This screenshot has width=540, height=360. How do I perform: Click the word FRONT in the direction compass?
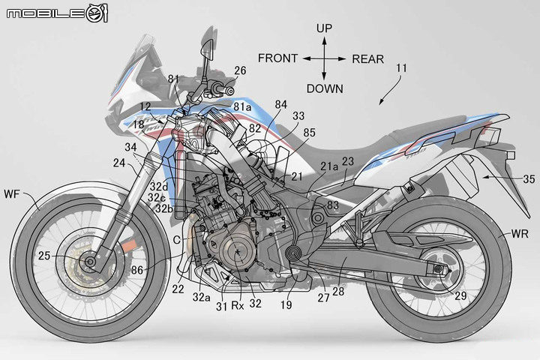278,58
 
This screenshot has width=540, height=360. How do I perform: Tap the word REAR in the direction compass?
367,59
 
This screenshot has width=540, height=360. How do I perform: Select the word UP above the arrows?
324,28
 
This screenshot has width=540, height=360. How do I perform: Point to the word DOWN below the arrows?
325,89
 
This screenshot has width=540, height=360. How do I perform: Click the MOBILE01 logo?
57,13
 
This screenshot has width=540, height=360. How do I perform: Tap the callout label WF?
12,194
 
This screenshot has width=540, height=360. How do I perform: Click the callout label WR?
520,234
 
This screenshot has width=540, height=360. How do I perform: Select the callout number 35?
529,178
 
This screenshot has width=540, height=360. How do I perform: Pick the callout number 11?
401,67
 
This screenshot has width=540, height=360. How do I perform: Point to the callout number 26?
240,70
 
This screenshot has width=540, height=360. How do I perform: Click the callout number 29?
460,295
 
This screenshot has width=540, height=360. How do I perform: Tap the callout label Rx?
237,305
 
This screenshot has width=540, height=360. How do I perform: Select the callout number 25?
44,256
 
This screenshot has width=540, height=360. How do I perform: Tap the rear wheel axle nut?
438,269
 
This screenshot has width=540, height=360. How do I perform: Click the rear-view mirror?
208,46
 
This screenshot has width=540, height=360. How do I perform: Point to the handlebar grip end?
230,91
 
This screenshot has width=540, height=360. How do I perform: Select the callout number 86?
137,270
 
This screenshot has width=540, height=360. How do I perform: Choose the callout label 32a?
201,297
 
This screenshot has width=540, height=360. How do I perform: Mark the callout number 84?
280,104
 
